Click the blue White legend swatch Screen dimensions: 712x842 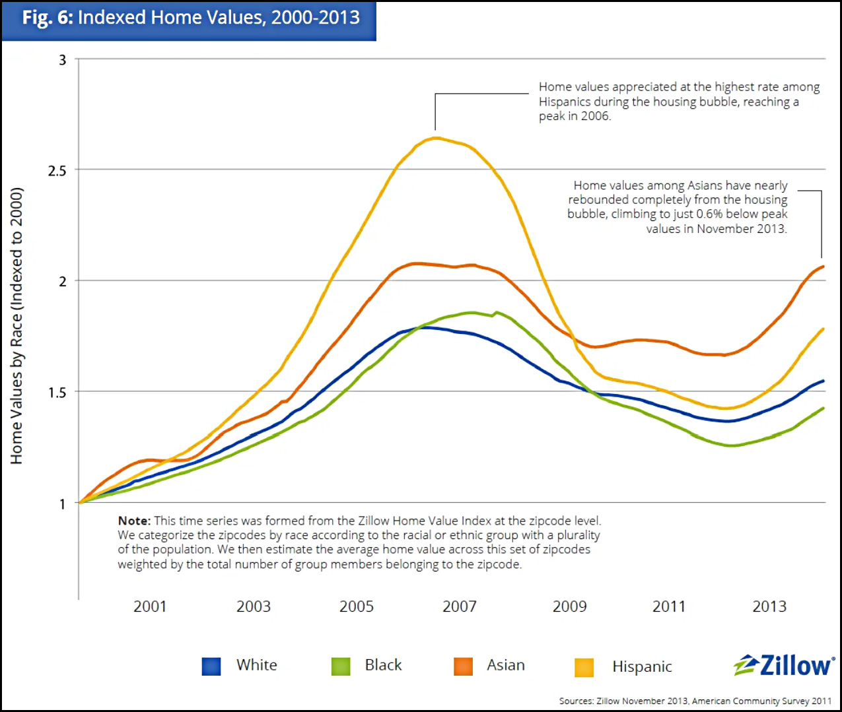[x=211, y=666]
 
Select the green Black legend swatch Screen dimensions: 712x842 [x=341, y=666]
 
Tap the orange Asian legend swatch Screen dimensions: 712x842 [x=464, y=666]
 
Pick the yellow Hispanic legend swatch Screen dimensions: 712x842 [x=584, y=668]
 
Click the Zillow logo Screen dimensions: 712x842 [x=784, y=665]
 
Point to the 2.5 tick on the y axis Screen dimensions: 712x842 [x=57, y=171]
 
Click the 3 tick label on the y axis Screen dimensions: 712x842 [x=63, y=60]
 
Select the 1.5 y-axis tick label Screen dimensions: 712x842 [x=57, y=393]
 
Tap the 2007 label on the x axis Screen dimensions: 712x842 [x=460, y=606]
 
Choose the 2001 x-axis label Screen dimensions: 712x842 [x=150, y=606]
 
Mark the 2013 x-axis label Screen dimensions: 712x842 [x=769, y=606]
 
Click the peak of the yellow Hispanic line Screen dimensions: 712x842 [x=436, y=138]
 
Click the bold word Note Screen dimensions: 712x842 [x=133, y=521]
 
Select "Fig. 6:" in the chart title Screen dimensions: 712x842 [x=48, y=18]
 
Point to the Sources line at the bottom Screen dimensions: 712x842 [x=695, y=701]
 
